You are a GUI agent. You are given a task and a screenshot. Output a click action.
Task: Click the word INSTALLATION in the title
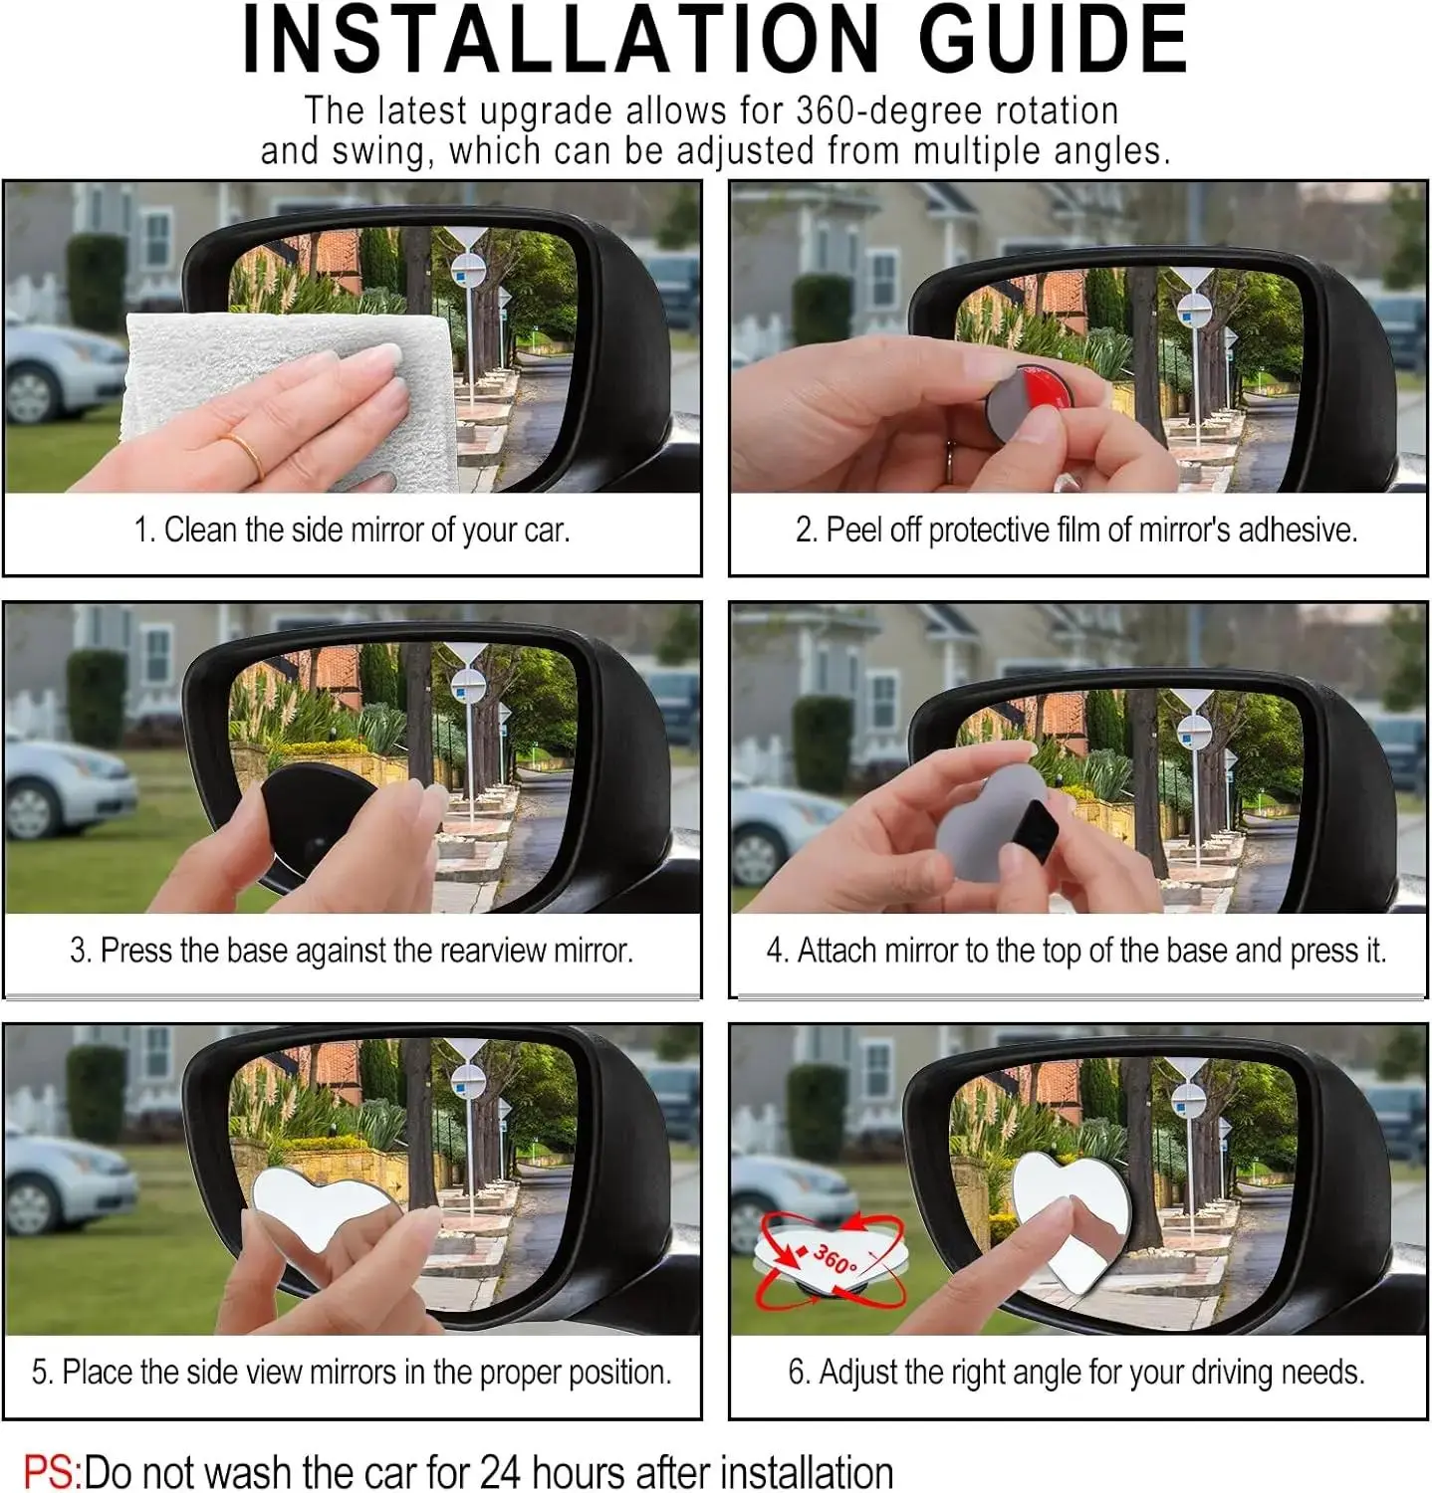tap(559, 40)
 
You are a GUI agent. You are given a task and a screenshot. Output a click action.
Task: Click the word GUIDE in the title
tap(1053, 40)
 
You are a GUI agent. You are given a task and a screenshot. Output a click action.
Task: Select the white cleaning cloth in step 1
tap(289, 398)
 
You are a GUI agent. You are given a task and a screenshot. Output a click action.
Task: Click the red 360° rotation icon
tap(831, 1259)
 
